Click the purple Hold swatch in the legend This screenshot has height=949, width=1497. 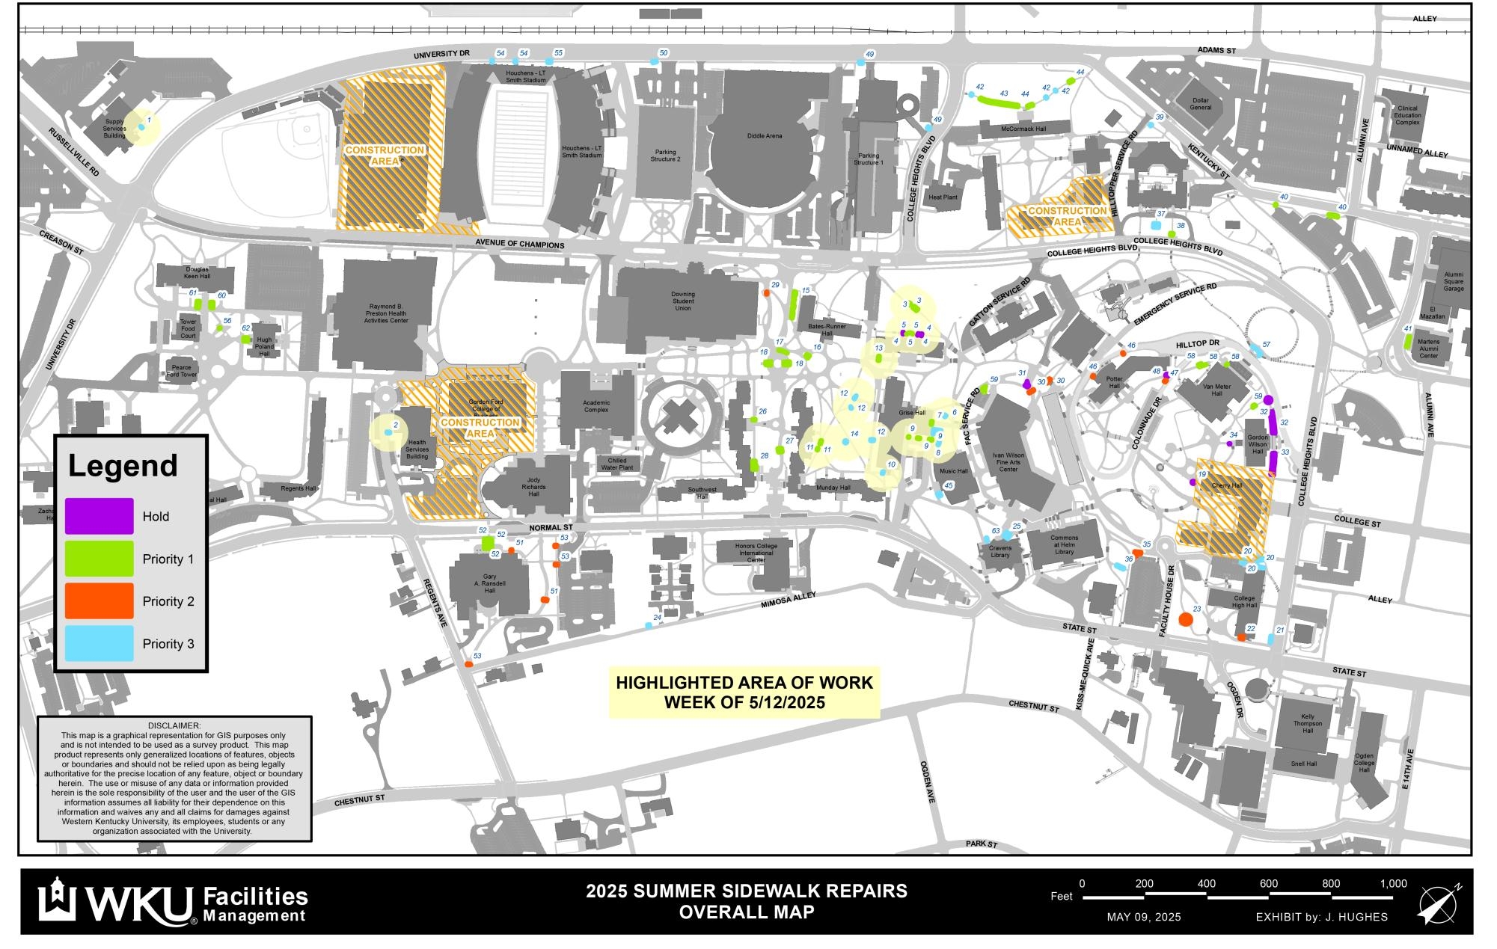click(x=99, y=516)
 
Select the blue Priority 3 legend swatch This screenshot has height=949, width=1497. click(x=99, y=643)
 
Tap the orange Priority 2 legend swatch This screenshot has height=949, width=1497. click(x=99, y=601)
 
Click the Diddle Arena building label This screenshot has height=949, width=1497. click(x=764, y=136)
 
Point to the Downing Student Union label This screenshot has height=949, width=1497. click(x=682, y=301)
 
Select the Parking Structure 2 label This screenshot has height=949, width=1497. click(x=665, y=156)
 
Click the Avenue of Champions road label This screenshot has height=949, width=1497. click(x=520, y=245)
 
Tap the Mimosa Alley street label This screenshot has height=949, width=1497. click(x=788, y=599)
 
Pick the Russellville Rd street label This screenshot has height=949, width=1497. click(x=74, y=152)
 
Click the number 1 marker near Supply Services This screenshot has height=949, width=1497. click(x=149, y=120)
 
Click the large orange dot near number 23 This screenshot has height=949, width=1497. click(x=1185, y=619)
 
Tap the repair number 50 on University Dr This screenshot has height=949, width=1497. click(x=663, y=53)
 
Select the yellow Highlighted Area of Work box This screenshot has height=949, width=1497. click(x=744, y=692)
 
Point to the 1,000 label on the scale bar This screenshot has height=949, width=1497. click(x=1393, y=883)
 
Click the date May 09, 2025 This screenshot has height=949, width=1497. click(x=1143, y=917)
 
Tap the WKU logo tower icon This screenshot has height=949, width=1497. click(x=57, y=900)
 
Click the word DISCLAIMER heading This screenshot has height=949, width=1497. click(x=174, y=725)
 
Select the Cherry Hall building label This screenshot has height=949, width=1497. click(x=1226, y=485)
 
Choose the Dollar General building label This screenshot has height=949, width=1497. click(x=1201, y=104)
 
